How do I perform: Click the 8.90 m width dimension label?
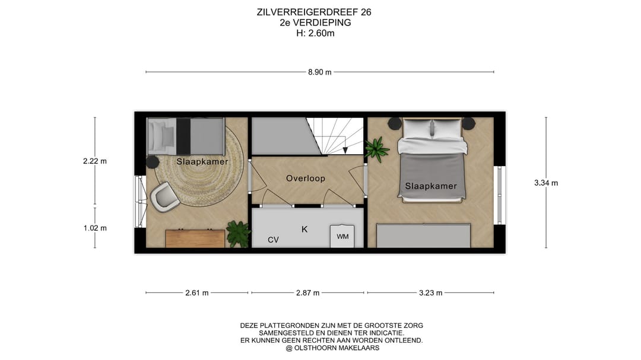319,72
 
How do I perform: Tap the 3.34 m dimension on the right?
546,183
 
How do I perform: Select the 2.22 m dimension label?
95,161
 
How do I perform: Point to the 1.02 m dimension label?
95,228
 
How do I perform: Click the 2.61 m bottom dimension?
196,292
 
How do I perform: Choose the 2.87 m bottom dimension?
307,292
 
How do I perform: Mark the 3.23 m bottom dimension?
430,292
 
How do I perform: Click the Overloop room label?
305,178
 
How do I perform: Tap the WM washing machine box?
342,236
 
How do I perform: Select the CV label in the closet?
273,240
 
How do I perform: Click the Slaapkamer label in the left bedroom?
202,161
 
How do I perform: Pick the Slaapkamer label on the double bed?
431,186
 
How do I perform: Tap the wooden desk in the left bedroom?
195,238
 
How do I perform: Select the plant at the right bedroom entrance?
377,149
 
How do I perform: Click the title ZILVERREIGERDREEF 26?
315,12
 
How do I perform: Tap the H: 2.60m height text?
315,33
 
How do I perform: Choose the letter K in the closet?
304,229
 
